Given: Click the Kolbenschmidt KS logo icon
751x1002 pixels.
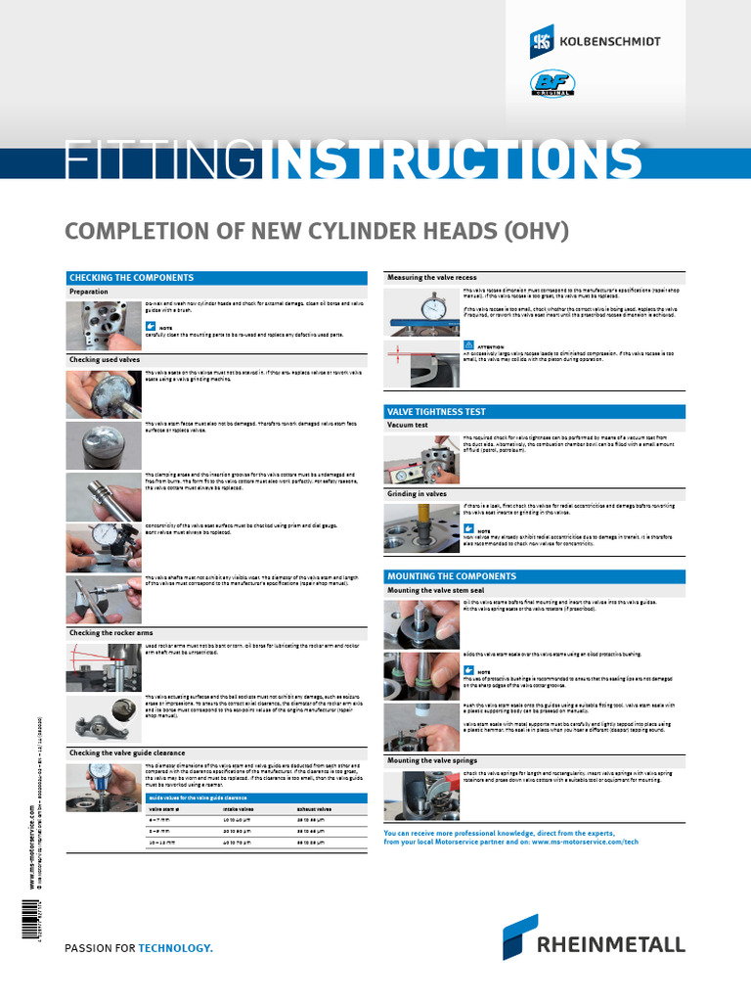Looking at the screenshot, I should pyautogui.click(x=542, y=41).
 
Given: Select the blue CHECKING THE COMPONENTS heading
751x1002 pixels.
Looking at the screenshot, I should pyautogui.click(x=130, y=278).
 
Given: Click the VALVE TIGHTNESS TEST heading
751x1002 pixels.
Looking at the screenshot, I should pyautogui.click(x=436, y=411).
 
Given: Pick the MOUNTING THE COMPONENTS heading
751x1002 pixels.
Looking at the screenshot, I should pyautogui.click(x=451, y=576).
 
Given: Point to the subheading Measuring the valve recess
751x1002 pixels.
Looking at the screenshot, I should pyautogui.click(x=432, y=278).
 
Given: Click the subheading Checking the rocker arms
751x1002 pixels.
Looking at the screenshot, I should pyautogui.click(x=110, y=633).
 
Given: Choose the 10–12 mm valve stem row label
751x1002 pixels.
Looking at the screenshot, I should pyautogui.click(x=162, y=842).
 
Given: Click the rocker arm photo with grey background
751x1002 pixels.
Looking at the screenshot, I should pyautogui.click(x=104, y=719).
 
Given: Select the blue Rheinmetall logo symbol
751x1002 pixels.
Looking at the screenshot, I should pyautogui.click(x=519, y=936).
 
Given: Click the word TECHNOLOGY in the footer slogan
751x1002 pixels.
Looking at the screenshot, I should pyautogui.click(x=175, y=948).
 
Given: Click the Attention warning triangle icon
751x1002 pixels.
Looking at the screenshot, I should pyautogui.click(x=469, y=344).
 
